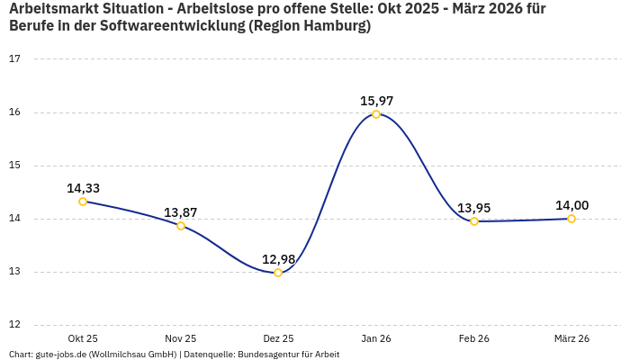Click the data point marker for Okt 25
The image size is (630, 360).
[83, 202]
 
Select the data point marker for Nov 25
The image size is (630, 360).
[181, 226]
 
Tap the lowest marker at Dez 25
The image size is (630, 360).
[278, 273]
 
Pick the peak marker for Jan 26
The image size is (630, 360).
[376, 114]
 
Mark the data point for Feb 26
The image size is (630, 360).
[474, 221]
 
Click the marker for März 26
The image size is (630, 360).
[571, 219]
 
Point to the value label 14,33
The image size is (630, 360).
[83, 188]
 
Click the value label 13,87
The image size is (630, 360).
[181, 212]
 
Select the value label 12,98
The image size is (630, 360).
[278, 259]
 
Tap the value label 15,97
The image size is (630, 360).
[376, 101]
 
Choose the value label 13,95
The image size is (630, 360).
[474, 208]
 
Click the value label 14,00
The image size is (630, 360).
[571, 205]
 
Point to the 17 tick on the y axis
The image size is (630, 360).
[14, 59]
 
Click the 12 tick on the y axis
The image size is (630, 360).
[14, 326]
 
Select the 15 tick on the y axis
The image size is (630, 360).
[14, 166]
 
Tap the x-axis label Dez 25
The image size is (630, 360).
[278, 338]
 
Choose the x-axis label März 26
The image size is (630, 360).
[571, 338]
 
